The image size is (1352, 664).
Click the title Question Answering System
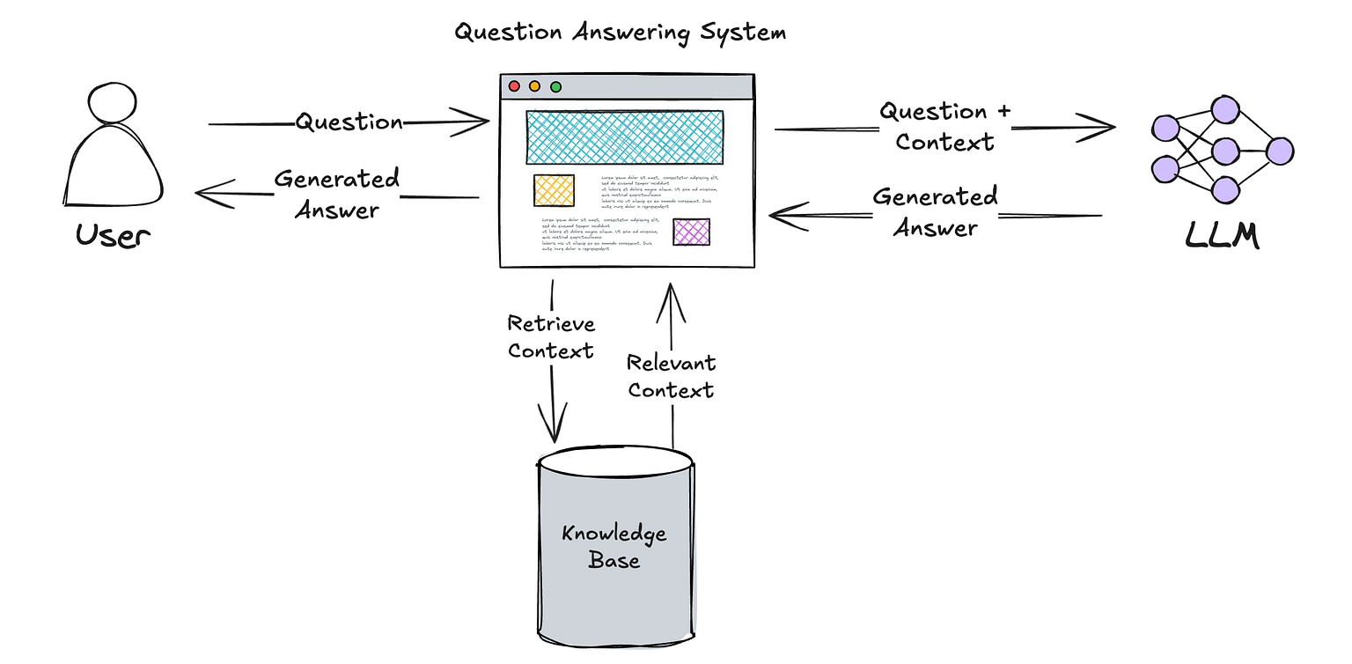[620, 33]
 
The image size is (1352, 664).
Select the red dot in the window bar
[513, 86]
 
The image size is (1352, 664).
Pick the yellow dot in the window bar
[534, 86]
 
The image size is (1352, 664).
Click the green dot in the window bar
[555, 86]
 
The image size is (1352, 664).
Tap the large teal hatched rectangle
[624, 136]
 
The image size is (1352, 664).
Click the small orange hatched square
[554, 191]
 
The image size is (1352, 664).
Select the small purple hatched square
[691, 232]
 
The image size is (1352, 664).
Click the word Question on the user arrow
[349, 122]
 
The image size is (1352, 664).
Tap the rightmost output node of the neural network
[1279, 151]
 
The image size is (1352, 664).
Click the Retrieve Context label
[551, 337]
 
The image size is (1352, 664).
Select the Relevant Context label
[671, 376]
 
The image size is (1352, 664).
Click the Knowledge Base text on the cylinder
[614, 546]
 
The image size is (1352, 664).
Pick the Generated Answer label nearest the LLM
[935, 212]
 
